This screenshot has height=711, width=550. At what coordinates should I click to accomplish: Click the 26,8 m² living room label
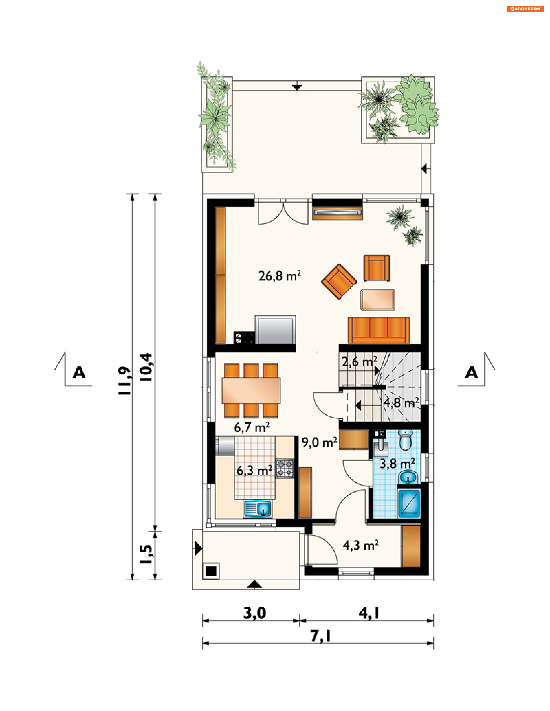tap(280, 276)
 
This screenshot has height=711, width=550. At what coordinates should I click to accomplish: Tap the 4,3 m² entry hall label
tap(361, 545)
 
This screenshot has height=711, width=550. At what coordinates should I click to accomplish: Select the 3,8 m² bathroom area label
tap(397, 464)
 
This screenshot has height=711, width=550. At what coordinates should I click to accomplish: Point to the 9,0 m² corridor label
tap(319, 443)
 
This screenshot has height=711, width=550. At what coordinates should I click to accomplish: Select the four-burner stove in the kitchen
tap(285, 469)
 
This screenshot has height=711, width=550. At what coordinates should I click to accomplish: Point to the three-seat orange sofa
tap(379, 330)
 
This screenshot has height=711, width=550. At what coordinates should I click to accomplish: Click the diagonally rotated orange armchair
tap(339, 282)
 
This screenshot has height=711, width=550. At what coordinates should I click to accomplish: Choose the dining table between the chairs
tap(251, 390)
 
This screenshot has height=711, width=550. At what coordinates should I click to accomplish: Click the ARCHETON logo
tap(526, 9)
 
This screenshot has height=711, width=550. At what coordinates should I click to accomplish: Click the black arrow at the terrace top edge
tap(297, 87)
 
